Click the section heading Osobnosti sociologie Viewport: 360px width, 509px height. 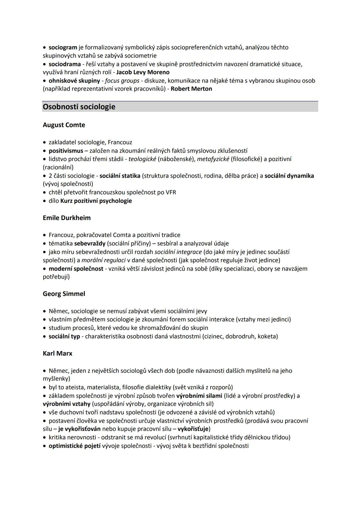tap(79, 107)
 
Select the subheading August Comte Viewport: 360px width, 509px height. tap(64, 125)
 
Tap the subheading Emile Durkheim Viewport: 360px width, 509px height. tap(67, 218)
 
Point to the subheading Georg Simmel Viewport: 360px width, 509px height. tap(64, 294)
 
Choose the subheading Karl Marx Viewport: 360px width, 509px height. tap(57, 353)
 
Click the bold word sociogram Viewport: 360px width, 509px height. tap(63, 47)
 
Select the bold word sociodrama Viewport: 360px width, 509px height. tap(65, 64)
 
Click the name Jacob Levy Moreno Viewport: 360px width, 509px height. tap(143, 72)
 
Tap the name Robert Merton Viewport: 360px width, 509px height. tap(191, 89)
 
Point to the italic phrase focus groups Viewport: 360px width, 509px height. tap(122, 81)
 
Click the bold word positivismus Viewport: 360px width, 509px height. tap(66, 151)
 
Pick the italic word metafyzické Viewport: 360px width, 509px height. tap(213, 159)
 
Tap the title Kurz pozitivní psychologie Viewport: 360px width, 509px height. tap(96, 201)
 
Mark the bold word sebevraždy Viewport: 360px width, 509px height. tap(90, 243)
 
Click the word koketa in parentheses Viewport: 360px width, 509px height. tap(266, 336)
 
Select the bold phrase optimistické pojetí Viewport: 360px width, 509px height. tap(74, 446)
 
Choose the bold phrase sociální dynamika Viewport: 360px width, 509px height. tap(289, 176)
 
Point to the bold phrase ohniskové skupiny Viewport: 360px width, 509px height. tap(74, 81)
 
